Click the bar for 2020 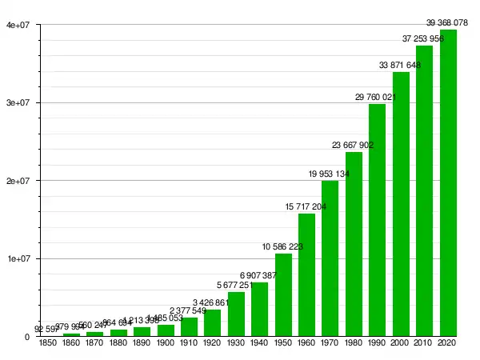[448, 183]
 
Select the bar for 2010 [424, 191]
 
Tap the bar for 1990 [377, 220]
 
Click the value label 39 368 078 [448, 22]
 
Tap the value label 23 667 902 [354, 145]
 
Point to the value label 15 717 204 [306, 207]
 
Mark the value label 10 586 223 [283, 246]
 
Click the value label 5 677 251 [236, 286]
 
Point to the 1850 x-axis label [47, 343]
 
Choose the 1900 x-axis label [166, 343]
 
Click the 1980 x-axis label [354, 343]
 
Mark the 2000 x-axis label [401, 343]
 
